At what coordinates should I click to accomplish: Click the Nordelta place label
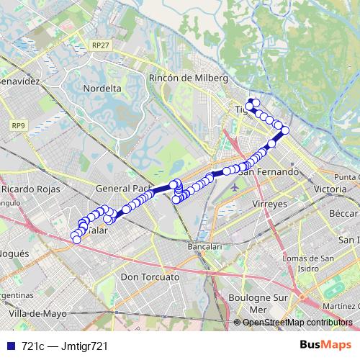(102, 88)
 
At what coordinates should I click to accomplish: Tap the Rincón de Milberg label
(188, 78)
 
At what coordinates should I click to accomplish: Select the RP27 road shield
(101, 45)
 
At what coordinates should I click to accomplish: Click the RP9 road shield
(18, 125)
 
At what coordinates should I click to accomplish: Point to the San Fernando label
(269, 172)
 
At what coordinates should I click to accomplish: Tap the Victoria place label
(330, 189)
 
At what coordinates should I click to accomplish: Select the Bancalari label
(204, 246)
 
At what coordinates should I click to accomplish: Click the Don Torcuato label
(150, 276)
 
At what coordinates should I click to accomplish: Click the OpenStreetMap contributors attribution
(297, 323)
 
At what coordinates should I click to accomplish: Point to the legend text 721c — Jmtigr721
(65, 346)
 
